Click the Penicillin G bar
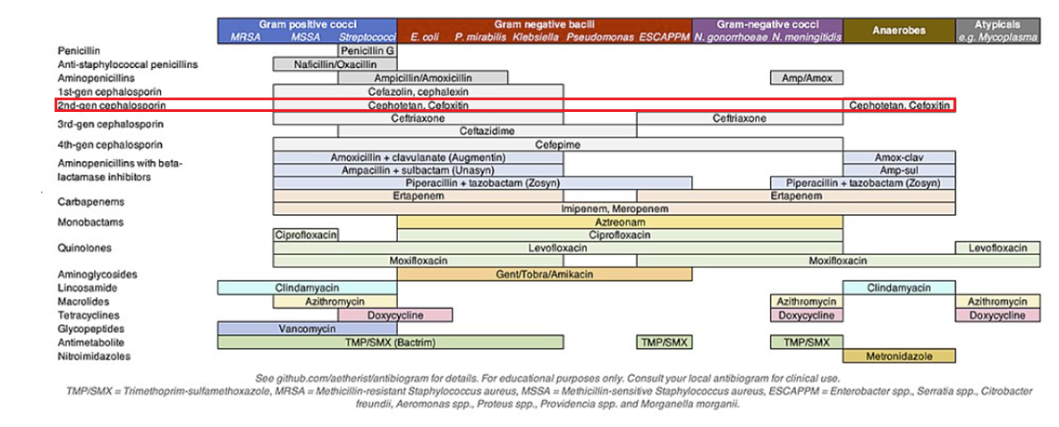[368, 51]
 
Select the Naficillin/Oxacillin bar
[335, 64]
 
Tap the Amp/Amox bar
[807, 78]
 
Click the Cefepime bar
[558, 144]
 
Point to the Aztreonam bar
[619, 222]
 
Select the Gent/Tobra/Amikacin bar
[544, 274]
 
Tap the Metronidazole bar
[899, 355]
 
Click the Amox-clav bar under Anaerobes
[899, 158]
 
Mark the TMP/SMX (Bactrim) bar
[418, 342]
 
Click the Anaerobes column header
[899, 30]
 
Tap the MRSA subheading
[246, 38]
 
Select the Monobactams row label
[91, 222]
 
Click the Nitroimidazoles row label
[94, 356]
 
